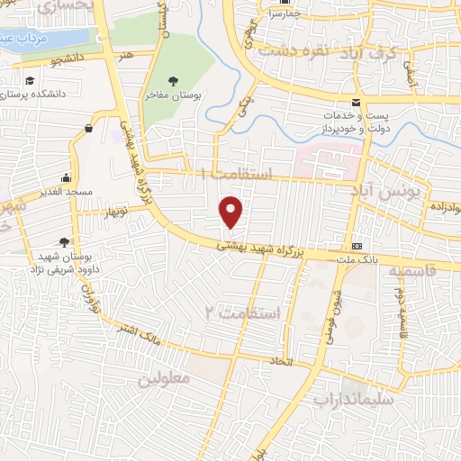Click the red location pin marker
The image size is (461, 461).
tap(231, 212)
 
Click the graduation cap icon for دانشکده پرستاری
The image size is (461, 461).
tap(30, 81)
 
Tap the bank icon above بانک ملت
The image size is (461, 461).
tap(357, 245)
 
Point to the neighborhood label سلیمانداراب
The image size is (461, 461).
tap(353, 395)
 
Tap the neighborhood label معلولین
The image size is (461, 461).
tap(164, 379)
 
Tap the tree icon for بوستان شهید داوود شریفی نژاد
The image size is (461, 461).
tap(63, 241)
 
